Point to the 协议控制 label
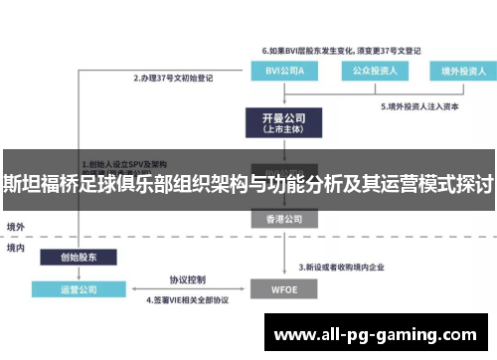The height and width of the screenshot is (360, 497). (x=187, y=278)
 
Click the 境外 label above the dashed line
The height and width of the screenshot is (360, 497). (x=16, y=227)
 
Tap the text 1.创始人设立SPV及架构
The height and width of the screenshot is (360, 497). (x=124, y=164)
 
